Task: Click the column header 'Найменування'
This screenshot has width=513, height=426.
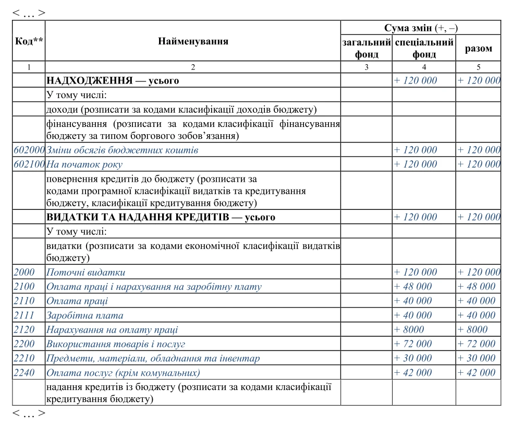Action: pyautogui.click(x=193, y=41)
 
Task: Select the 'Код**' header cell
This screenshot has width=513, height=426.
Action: pyautogui.click(x=29, y=41)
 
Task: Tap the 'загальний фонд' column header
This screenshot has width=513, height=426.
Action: pyautogui.click(x=367, y=48)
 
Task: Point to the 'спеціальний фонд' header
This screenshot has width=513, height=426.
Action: pyautogui.click(x=424, y=48)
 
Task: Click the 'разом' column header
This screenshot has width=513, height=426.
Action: pyautogui.click(x=478, y=49)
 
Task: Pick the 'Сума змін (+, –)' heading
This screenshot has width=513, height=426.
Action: pyautogui.click(x=421, y=28)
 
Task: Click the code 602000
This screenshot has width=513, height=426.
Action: pyautogui.click(x=29, y=150)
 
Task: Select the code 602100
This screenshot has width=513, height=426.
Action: pyautogui.click(x=29, y=164)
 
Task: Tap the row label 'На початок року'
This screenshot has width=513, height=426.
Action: pyautogui.click(x=84, y=164)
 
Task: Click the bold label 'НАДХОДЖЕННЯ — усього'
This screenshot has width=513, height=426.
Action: pyautogui.click(x=113, y=81)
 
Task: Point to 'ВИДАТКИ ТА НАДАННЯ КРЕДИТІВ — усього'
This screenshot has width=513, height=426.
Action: pyautogui.click(x=161, y=217)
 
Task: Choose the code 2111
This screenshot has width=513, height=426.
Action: pyautogui.click(x=25, y=315)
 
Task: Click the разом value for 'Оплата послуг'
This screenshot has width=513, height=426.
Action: pyautogui.click(x=477, y=373)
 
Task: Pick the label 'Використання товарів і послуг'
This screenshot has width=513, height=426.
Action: pyautogui.click(x=116, y=344)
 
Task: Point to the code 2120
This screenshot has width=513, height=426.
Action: pyautogui.click(x=25, y=329)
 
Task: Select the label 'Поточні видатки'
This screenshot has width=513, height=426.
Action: pyautogui.click(x=86, y=273)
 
